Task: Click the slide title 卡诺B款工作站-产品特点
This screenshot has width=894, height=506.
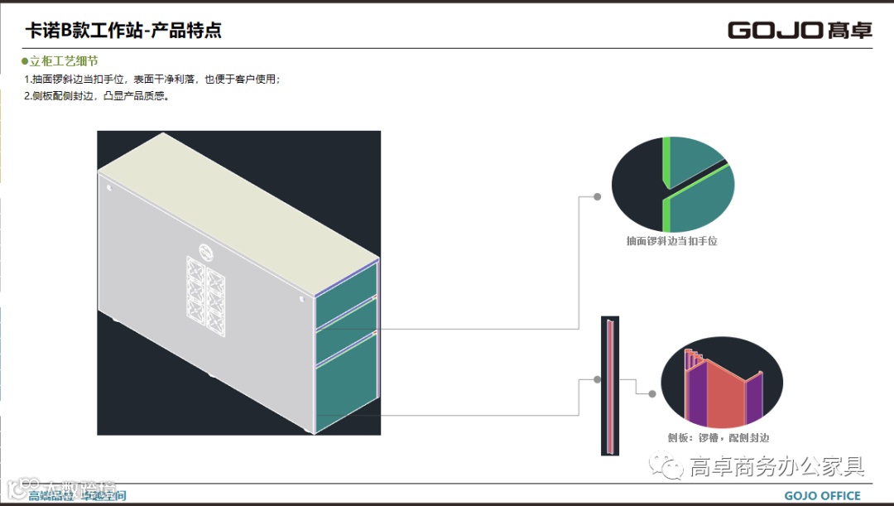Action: pos(123,31)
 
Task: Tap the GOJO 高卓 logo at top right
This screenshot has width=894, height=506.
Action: pos(800,30)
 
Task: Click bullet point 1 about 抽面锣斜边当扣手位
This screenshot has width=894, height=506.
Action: pos(152,80)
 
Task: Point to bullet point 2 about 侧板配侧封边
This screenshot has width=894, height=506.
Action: pos(97,96)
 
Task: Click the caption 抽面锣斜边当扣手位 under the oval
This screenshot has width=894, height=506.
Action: pos(671,241)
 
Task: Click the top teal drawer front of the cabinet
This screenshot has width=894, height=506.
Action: pos(347,281)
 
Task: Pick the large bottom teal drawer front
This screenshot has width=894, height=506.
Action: pos(347,389)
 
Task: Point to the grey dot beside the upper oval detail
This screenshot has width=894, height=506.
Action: pos(597,197)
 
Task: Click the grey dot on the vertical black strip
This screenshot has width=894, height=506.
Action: pos(597,380)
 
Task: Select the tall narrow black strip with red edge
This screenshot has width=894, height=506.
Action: pos(610,386)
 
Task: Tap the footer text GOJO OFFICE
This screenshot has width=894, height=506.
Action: pos(822,496)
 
